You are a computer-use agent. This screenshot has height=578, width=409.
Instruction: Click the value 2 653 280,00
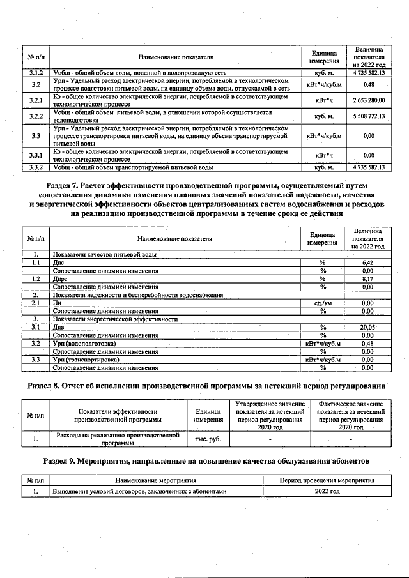coord(367,101)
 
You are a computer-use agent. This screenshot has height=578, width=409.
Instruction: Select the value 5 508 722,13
coord(367,117)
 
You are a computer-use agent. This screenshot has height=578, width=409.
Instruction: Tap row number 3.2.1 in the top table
coord(36,101)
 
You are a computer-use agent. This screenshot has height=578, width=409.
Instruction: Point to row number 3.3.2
coord(36,167)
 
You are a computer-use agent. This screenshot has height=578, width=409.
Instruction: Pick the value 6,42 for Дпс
coord(367,262)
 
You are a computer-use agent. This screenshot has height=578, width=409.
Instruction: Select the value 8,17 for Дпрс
coord(367,278)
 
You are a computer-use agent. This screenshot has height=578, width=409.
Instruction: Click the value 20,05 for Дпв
coord(367,327)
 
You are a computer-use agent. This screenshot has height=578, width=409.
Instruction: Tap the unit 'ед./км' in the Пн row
coord(323,303)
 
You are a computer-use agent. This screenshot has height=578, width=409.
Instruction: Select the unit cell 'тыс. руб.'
coord(208,440)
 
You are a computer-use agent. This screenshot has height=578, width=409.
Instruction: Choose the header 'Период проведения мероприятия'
coord(327,480)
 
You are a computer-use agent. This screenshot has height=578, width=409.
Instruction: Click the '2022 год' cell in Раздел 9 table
coord(327,491)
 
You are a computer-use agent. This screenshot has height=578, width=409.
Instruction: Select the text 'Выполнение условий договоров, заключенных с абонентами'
coord(139,491)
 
